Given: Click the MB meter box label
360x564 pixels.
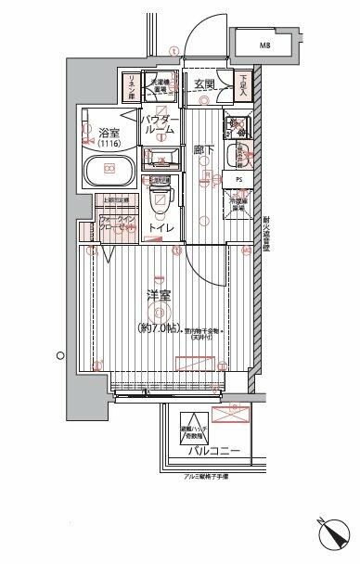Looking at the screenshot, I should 264,44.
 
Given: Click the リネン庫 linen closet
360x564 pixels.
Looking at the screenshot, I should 131,85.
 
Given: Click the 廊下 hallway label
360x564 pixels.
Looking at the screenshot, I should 204,150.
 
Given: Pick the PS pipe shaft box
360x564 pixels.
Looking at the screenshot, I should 238,178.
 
